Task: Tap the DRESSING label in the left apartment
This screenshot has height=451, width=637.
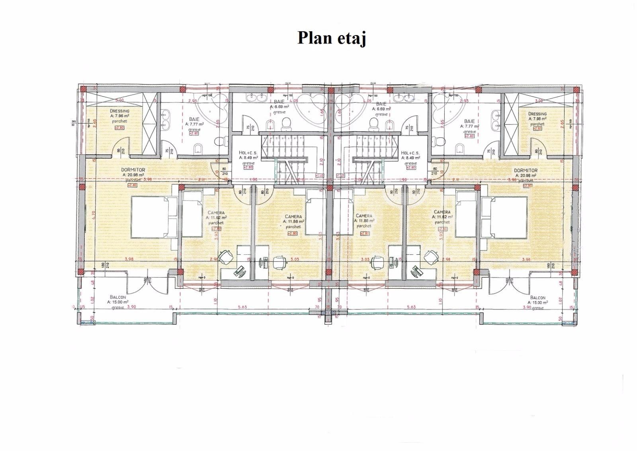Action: point(119,111)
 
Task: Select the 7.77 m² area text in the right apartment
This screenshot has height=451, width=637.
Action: point(469,126)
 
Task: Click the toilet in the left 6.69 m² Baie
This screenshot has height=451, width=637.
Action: point(285,126)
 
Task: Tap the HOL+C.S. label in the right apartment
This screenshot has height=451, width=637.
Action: point(410,153)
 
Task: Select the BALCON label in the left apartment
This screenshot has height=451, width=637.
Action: point(118,297)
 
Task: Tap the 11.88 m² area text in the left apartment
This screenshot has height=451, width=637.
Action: point(293,221)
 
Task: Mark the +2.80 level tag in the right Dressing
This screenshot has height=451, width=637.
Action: point(537,128)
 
